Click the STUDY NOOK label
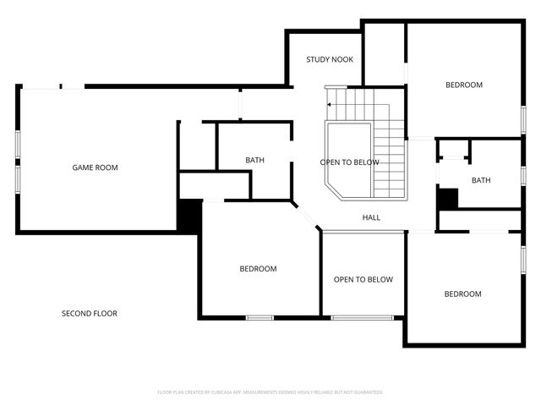tap(329, 59)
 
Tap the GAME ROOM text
tap(95, 167)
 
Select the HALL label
tap(371, 217)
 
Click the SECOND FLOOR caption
tap(89, 314)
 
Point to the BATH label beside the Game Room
tap(254, 160)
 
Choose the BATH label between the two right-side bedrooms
tap(480, 180)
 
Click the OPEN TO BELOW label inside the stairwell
tap(349, 162)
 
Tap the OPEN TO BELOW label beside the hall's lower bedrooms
tap(363, 279)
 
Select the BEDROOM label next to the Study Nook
tap(463, 85)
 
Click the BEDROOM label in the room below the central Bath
tap(258, 269)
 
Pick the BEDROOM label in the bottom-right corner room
tap(462, 294)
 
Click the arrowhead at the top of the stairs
tap(330, 104)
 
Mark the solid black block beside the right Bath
tap(446, 198)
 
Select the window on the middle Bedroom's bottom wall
tap(260, 317)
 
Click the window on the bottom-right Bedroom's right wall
tap(522, 260)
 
